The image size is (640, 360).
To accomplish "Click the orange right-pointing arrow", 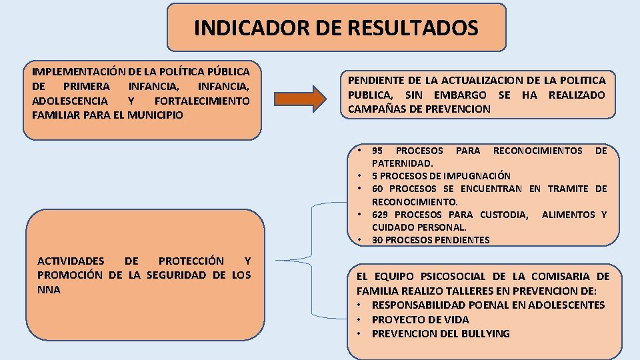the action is point(301,98).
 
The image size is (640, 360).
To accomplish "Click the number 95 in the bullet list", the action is point(377,151).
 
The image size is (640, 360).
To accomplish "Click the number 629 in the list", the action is point(381,215).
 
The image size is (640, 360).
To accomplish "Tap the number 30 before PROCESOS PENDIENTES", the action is point(378,240).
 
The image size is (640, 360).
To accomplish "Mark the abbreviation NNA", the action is point(49,290).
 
